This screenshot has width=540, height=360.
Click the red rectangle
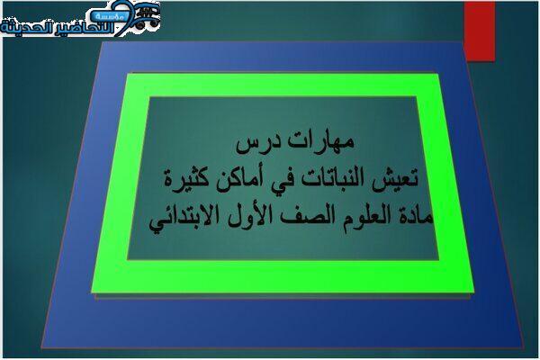click(480, 31)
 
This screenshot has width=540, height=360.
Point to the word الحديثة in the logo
click(26, 28)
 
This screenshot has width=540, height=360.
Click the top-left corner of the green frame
click(127, 74)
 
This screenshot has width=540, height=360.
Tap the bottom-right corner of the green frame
click(474, 292)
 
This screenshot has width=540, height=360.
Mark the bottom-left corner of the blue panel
click(41, 348)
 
